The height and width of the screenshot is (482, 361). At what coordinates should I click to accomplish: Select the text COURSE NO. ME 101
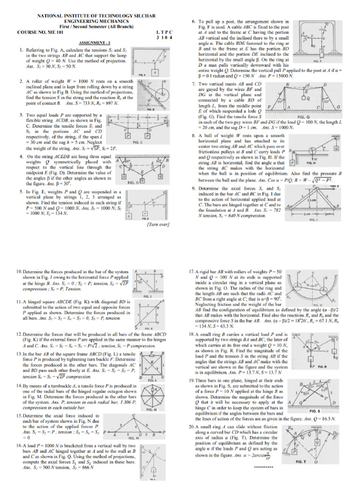point(38,32)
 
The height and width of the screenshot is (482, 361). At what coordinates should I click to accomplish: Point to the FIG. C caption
point(138,142)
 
